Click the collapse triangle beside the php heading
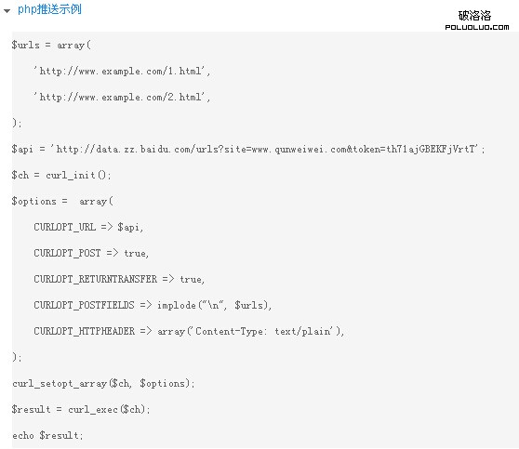(x=7, y=10)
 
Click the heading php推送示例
(x=49, y=9)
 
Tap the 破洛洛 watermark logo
(x=483, y=20)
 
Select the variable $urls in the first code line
(x=25, y=45)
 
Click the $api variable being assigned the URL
(x=22, y=149)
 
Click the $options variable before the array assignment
(x=34, y=201)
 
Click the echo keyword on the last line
(x=22, y=435)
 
